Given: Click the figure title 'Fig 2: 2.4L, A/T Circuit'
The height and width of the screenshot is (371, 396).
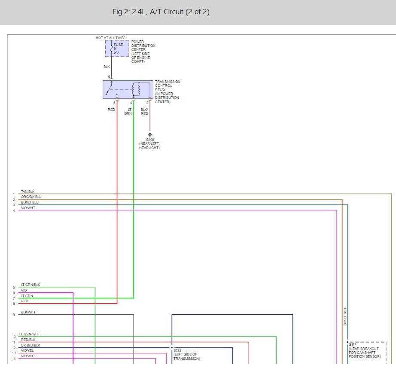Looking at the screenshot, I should point(161,12).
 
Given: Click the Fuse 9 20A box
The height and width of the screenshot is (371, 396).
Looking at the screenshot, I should point(117,49).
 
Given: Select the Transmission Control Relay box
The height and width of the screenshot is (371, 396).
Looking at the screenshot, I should point(128,89).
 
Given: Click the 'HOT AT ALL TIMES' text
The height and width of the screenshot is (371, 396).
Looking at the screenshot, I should point(110,38).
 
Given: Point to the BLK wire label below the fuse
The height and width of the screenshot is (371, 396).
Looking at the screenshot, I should point(107,67).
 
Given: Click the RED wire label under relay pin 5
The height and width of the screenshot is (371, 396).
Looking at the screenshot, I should point(111,110).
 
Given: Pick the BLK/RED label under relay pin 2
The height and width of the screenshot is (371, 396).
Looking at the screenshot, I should point(144,112).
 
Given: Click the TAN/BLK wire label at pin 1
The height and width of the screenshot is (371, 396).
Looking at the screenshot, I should point(27,192).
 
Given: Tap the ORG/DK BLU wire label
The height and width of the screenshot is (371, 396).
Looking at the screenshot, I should point(31,197).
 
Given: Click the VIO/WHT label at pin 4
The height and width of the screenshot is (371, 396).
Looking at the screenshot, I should point(28,208).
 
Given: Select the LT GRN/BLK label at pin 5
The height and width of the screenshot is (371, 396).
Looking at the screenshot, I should point(30,285).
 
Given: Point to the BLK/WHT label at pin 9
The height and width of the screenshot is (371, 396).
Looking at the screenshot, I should point(28,312).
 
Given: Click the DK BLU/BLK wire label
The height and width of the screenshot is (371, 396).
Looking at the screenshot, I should point(30,345).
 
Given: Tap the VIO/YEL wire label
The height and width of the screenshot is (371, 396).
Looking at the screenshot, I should point(28,350).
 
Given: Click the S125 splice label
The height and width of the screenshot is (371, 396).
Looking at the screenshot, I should point(177,350).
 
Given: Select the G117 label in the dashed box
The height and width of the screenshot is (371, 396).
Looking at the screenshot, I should point(353,344).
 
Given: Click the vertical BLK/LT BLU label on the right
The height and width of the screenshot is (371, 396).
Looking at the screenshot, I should point(345,316).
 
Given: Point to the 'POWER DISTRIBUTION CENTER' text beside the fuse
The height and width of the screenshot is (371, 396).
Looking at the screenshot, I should point(143,46).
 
